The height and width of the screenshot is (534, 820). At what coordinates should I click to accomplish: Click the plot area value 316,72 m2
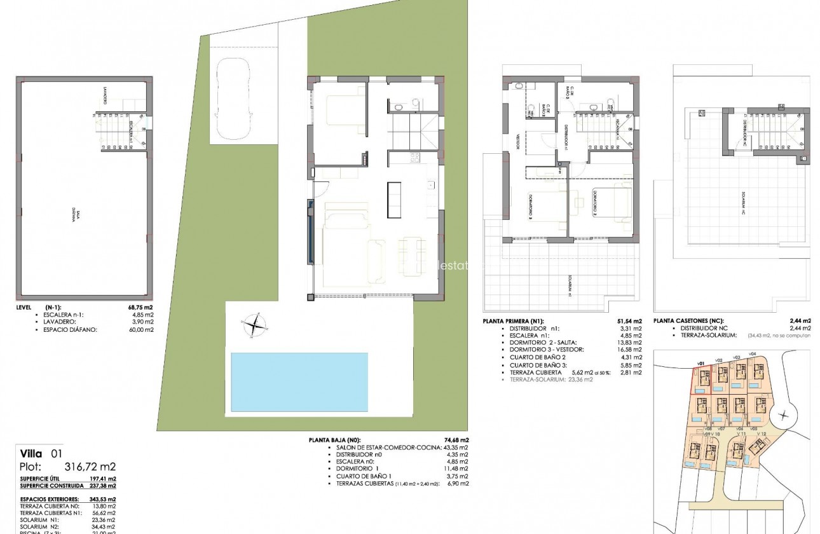[x=81, y=466]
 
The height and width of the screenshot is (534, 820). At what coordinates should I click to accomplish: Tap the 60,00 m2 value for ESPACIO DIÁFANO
[x=141, y=329]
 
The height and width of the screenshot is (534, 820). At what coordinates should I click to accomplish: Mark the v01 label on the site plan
[x=701, y=364]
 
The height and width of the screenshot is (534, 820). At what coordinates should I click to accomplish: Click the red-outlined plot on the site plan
[x=702, y=381]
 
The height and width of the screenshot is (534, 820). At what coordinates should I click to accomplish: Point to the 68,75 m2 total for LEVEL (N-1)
[x=140, y=306]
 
